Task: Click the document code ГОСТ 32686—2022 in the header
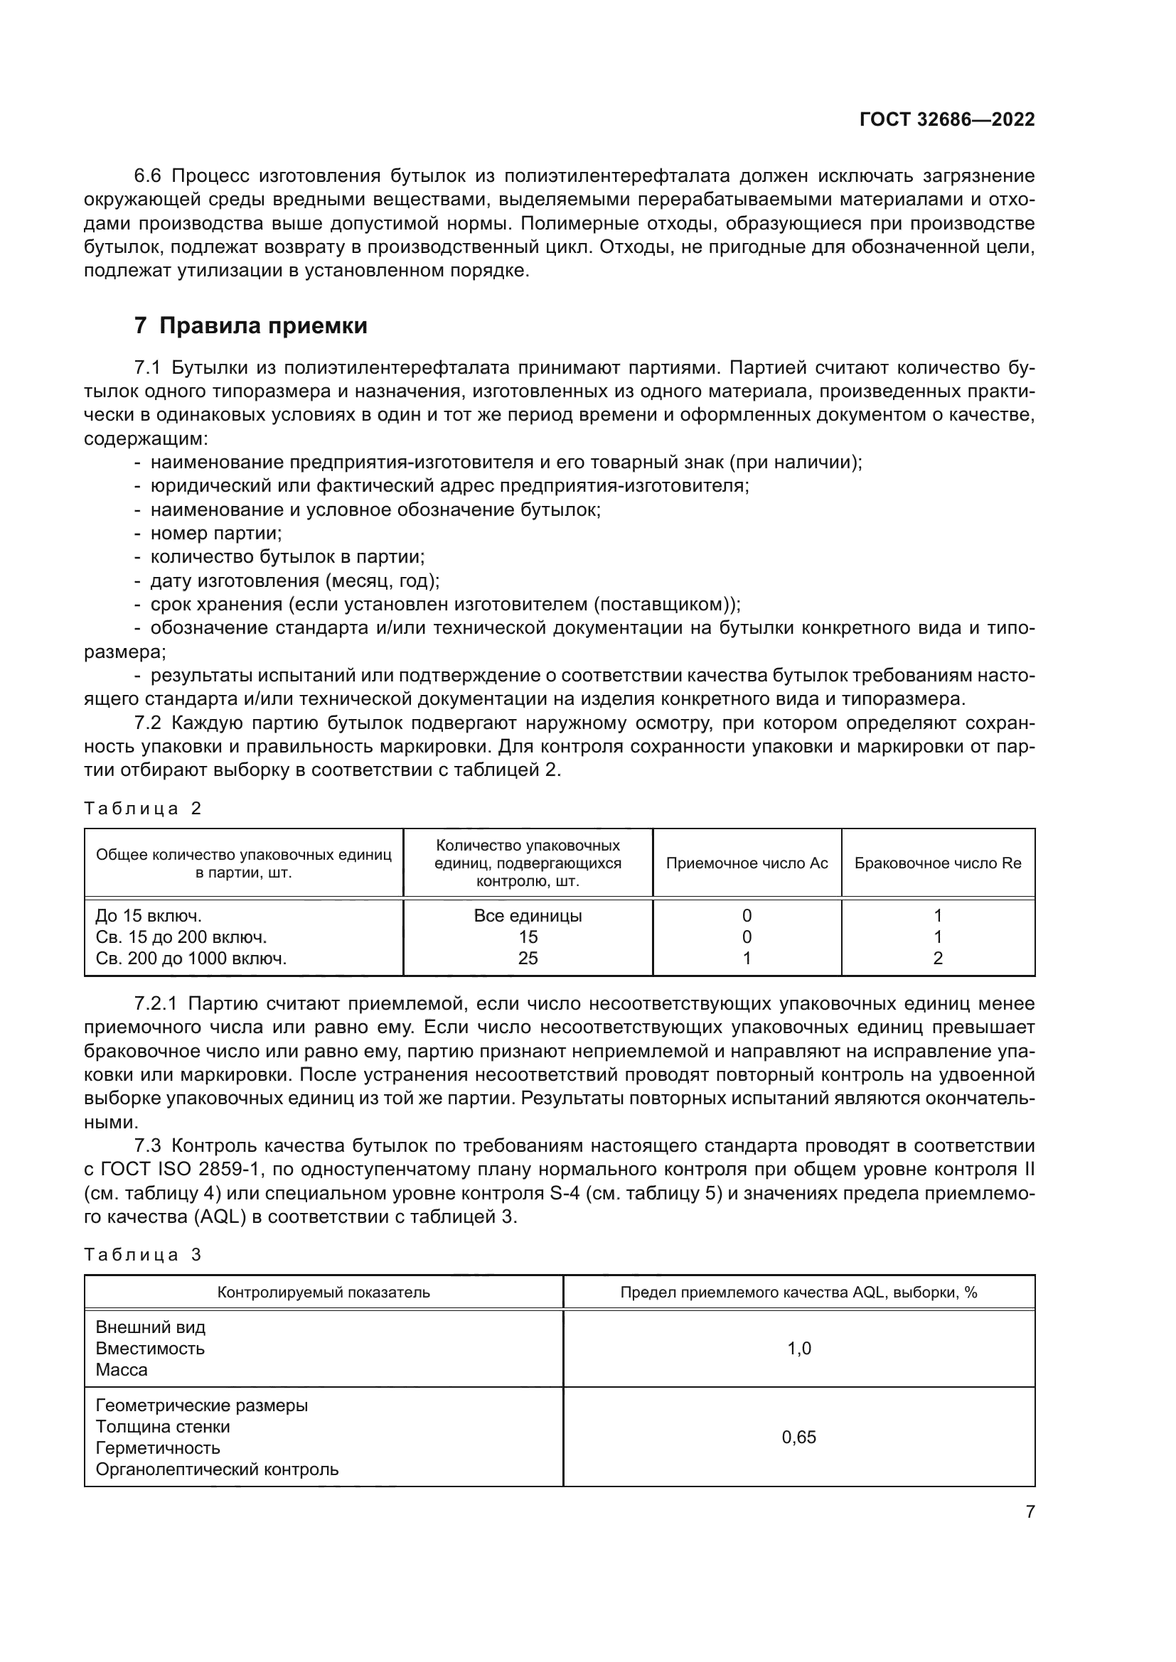(946, 119)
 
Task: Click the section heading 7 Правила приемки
(250, 325)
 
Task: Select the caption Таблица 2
(143, 809)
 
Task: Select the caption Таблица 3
(143, 1254)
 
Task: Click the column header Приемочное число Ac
(747, 863)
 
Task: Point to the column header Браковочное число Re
(938, 863)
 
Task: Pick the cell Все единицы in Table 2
(527, 916)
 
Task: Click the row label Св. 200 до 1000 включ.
(191, 959)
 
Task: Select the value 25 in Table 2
(528, 959)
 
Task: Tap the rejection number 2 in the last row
(938, 959)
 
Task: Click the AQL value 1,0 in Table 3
(798, 1349)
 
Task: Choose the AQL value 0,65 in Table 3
(798, 1437)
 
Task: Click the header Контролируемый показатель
(324, 1292)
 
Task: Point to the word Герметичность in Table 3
(158, 1447)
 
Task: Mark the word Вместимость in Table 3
(150, 1349)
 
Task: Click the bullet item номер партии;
(216, 534)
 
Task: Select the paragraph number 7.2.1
(156, 1004)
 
